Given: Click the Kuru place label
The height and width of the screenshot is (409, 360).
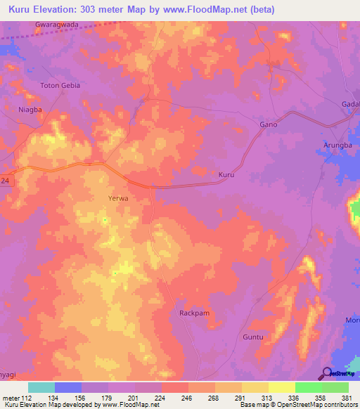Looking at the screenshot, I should [226, 174].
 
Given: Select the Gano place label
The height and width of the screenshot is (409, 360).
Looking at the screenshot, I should [269, 124].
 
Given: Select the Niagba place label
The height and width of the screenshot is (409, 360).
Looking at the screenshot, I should [30, 110].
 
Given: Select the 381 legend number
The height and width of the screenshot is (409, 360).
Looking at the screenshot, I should [347, 398].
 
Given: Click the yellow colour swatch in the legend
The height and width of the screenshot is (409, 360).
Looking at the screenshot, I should [281, 387].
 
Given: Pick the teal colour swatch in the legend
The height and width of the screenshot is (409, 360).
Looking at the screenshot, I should [41, 387].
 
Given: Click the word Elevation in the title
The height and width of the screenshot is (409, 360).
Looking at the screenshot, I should [64, 9].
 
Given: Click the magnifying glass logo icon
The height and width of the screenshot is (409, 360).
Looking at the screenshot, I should [326, 373].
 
